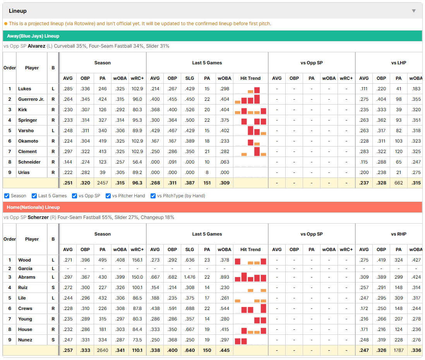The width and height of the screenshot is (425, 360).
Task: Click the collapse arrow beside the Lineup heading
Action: [x=414, y=11]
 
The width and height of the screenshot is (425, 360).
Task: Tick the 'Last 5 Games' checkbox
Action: [x=34, y=196]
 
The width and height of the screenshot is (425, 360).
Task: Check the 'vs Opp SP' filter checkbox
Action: [x=75, y=196]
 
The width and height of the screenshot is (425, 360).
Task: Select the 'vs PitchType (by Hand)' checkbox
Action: [x=153, y=196]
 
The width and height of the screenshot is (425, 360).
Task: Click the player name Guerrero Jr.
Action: [x=31, y=99]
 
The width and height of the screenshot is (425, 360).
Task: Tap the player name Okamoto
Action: [x=28, y=141]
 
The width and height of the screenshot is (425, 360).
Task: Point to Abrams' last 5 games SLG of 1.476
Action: [x=190, y=277]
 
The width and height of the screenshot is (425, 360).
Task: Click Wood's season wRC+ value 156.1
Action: [x=137, y=260]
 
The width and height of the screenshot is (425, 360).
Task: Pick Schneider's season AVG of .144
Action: [x=68, y=162]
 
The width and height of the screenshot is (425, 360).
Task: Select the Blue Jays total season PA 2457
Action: [x=103, y=183]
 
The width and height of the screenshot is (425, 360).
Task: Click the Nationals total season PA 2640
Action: [x=103, y=350]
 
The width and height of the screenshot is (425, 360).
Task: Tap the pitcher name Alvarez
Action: [x=36, y=46]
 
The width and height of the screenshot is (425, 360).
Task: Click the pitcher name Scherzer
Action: [x=38, y=217]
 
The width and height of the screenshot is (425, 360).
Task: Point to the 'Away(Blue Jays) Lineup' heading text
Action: [x=33, y=36]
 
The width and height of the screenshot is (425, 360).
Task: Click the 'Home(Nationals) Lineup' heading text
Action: [x=33, y=207]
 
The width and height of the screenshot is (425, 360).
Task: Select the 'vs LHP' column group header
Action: [x=398, y=63]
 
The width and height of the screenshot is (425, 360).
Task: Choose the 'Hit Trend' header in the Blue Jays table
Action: [x=250, y=78]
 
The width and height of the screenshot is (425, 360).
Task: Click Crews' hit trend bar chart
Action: [x=250, y=308]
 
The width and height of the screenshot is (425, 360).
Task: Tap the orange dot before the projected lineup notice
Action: [x=6, y=24]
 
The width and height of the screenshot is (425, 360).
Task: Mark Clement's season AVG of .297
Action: [x=68, y=152]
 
